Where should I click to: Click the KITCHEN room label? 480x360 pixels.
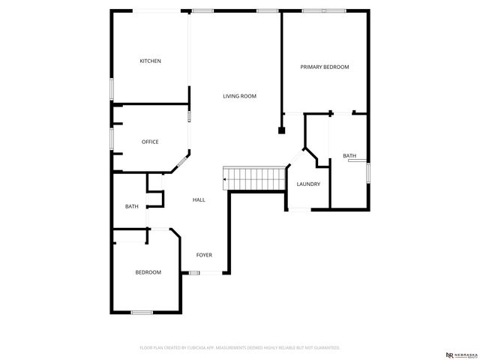pos(150,61)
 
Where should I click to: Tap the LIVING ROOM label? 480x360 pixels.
pos(239,96)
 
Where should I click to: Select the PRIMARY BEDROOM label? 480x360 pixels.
pos(325,67)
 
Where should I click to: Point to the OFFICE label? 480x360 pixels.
pos(150,142)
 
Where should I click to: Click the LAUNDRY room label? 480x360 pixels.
pos(308,184)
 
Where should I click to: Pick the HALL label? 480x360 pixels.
pos(199,199)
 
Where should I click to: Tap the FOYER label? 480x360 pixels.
pos(204,255)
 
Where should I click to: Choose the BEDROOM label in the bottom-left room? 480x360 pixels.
pos(148,272)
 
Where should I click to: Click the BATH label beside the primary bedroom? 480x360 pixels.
pos(349,156)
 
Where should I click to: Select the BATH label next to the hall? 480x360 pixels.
pos(131,206)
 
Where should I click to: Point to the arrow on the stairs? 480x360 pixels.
pos(226,179)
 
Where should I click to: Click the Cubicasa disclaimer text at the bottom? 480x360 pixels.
pos(239,348)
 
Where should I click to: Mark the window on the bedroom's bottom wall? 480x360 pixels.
pos(142,312)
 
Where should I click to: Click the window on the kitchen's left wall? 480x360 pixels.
pos(112,88)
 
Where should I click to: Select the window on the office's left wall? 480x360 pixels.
pos(112,138)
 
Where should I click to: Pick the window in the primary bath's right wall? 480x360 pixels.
pos(369,172)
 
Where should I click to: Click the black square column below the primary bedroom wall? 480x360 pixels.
pos(282,130)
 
